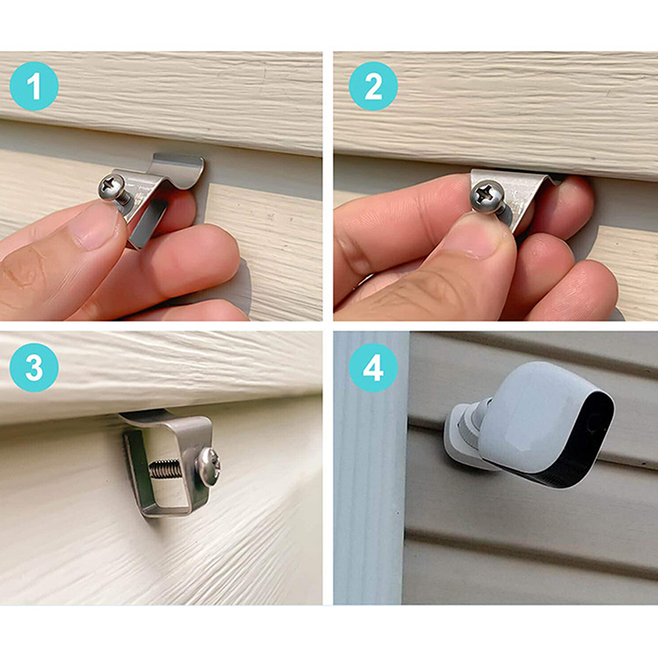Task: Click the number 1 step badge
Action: tap(34, 86)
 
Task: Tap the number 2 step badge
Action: tap(373, 86)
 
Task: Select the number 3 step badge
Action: tap(34, 368)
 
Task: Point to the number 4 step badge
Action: tap(373, 368)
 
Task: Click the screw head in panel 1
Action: tap(112, 188)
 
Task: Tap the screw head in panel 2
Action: tap(487, 197)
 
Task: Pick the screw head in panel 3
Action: tap(209, 466)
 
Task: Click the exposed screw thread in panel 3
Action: tap(166, 469)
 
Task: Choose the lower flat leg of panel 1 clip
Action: tap(147, 222)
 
